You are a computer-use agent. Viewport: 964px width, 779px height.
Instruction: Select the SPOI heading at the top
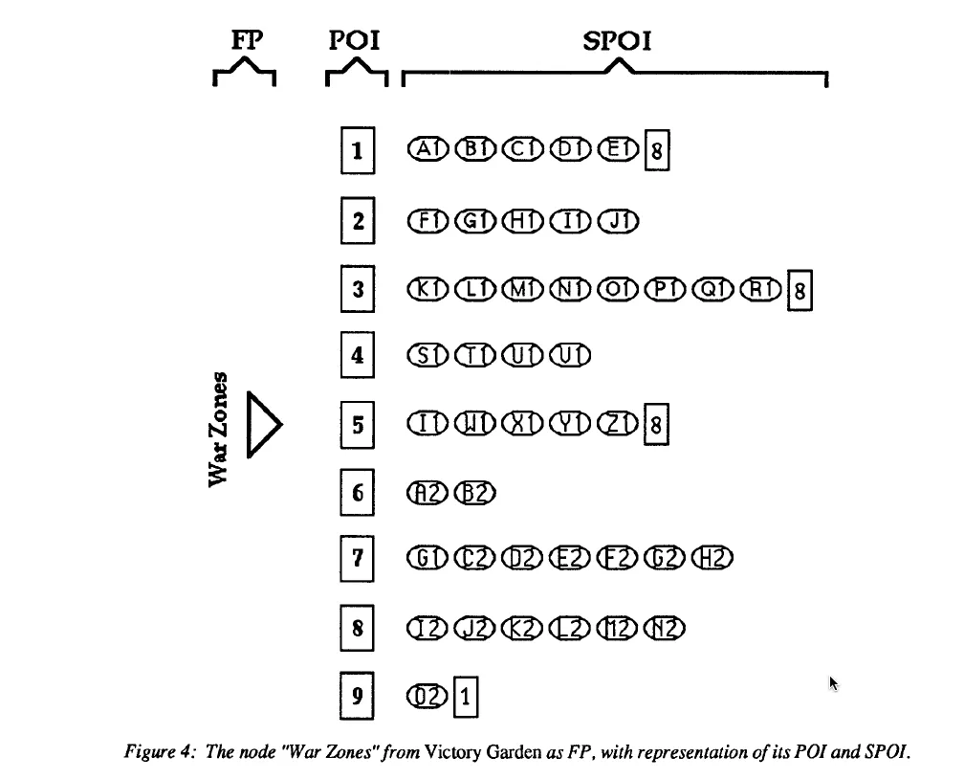[617, 42]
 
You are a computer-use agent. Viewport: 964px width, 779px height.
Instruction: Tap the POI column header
[355, 42]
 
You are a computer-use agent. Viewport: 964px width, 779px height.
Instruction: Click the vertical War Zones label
[218, 427]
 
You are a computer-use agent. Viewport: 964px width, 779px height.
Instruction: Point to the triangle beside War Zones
[263, 424]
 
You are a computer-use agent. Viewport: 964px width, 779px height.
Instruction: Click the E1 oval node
[618, 149]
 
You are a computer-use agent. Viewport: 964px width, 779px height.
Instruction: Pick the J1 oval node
[618, 221]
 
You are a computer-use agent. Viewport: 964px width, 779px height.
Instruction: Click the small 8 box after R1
[799, 291]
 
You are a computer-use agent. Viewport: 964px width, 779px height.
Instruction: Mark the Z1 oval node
[618, 422]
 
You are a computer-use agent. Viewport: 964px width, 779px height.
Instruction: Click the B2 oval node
[474, 492]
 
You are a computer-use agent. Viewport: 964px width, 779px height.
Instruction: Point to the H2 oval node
[714, 558]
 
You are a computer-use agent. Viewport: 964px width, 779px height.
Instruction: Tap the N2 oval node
[667, 628]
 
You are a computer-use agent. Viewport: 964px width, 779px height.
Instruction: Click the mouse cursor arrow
[833, 683]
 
